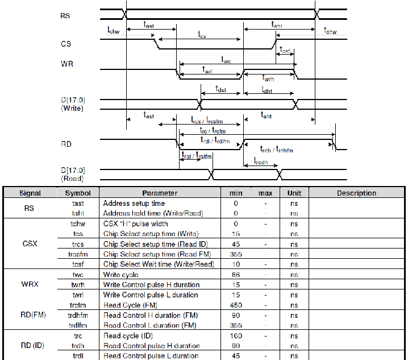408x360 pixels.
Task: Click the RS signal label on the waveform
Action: [x=65, y=15]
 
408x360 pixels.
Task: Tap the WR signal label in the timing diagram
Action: [x=66, y=64]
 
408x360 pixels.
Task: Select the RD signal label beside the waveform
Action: [x=66, y=144]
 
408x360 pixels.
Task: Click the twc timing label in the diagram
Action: [x=226, y=59]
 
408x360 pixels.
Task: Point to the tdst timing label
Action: [x=221, y=89]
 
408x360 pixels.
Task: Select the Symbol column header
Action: [x=78, y=193]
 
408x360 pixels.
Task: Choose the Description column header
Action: [x=356, y=193]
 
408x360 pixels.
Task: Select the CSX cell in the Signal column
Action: [x=30, y=243]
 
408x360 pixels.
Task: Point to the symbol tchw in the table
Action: [x=78, y=224]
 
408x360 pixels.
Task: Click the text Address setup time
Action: [x=134, y=203]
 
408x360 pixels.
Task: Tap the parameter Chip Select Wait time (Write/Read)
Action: [x=159, y=264]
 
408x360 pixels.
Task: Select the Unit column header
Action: [x=294, y=193]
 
